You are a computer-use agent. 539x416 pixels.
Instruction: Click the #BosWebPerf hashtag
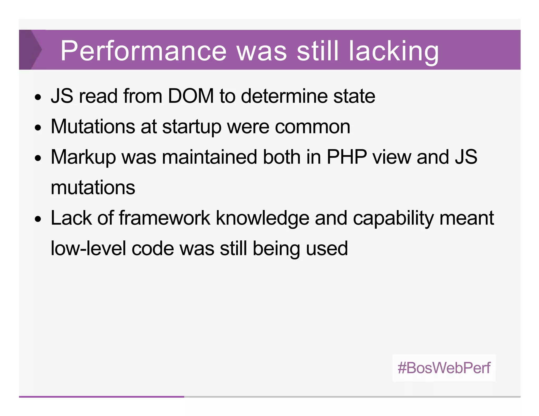click(444, 368)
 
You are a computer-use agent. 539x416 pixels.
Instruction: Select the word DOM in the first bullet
click(191, 96)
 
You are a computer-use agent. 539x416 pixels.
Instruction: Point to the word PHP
click(347, 157)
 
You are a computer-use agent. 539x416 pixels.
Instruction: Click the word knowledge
click(262, 219)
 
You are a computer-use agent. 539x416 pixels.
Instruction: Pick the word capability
click(393, 219)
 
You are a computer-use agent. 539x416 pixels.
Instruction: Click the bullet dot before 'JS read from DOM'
click(38, 97)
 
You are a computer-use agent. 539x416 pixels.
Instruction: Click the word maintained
click(209, 157)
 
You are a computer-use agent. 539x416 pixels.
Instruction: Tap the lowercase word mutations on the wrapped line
click(93, 187)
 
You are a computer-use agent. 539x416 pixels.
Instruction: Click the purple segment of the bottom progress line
click(101, 397)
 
